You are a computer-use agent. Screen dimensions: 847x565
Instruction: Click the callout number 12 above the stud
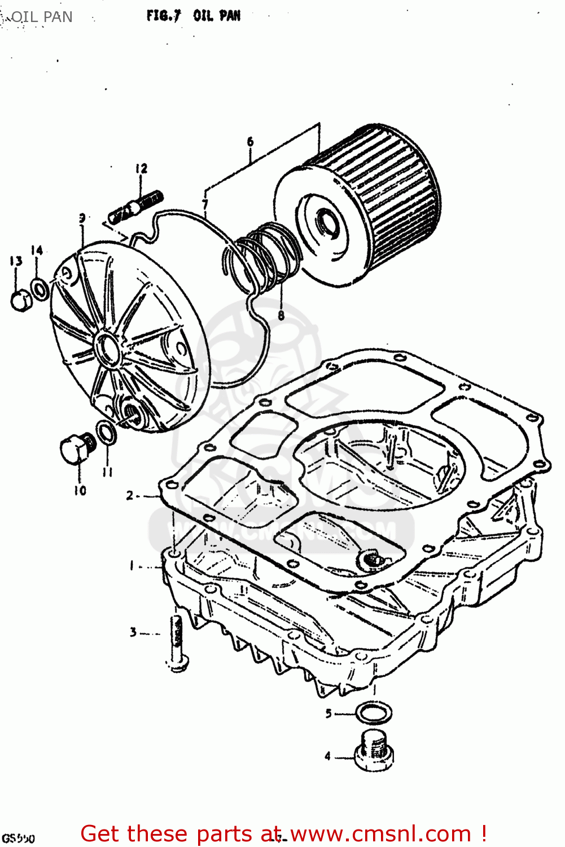click(x=141, y=168)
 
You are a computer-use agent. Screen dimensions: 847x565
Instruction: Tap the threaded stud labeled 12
click(x=136, y=207)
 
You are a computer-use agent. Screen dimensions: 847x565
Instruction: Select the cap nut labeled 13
click(x=20, y=300)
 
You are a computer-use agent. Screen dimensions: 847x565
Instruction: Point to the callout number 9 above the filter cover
click(x=82, y=218)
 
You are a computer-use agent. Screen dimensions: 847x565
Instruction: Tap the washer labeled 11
click(x=106, y=433)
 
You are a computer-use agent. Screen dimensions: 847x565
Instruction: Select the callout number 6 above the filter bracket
click(x=250, y=142)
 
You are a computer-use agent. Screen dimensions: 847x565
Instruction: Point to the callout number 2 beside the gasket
click(x=130, y=496)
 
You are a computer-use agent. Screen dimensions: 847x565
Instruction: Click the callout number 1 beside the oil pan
click(x=132, y=565)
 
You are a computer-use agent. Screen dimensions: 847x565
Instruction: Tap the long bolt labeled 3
click(x=176, y=641)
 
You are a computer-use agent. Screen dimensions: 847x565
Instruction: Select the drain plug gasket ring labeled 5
click(x=374, y=713)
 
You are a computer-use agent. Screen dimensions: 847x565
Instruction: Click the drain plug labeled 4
click(x=374, y=752)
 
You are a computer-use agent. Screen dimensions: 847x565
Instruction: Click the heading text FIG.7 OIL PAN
click(x=193, y=16)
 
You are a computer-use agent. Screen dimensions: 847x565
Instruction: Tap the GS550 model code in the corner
click(x=18, y=838)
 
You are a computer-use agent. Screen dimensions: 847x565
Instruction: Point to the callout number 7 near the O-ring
click(x=205, y=204)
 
